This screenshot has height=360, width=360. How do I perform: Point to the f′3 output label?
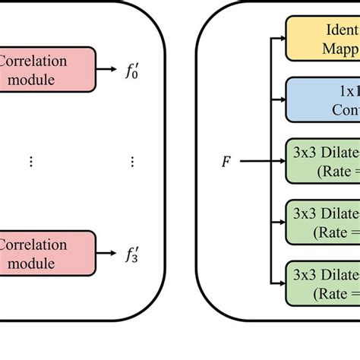132,254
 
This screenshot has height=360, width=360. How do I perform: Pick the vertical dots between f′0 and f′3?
132,162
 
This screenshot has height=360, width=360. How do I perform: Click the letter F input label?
226,162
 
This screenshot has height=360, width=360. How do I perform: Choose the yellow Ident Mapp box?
322,39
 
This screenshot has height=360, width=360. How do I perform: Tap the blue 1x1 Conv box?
322,99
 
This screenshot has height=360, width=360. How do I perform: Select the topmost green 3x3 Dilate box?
322,160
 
